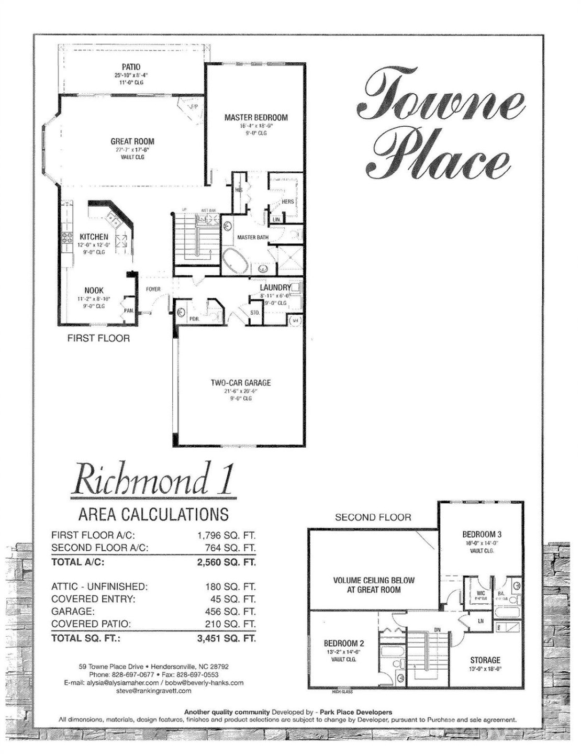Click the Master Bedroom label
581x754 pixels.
click(x=256, y=118)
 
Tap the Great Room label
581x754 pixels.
click(x=132, y=141)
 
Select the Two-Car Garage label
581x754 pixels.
click(x=241, y=383)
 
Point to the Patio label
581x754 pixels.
click(x=131, y=67)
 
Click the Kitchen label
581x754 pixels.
click(x=94, y=237)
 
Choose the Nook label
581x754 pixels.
click(x=94, y=290)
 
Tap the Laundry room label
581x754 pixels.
click(x=275, y=287)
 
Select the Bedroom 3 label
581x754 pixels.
click(x=482, y=535)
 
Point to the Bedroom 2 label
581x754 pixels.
click(x=344, y=644)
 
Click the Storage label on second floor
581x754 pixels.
click(x=485, y=660)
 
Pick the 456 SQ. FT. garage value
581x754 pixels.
click(x=230, y=612)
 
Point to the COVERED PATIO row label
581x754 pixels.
click(x=91, y=624)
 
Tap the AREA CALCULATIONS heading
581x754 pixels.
click(x=153, y=514)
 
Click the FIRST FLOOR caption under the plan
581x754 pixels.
click(x=98, y=338)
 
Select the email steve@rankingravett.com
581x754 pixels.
click(x=153, y=691)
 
